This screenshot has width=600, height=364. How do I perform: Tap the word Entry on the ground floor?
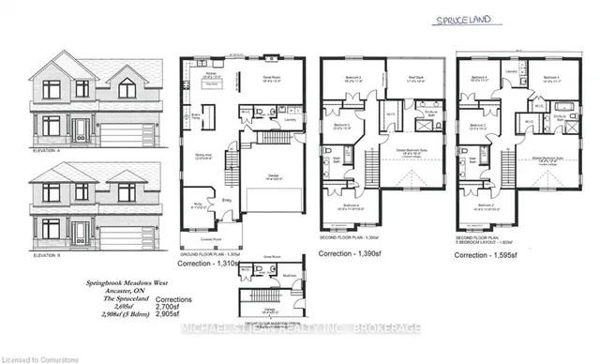[225, 199]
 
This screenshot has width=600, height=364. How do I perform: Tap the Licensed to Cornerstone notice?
[40, 356]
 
